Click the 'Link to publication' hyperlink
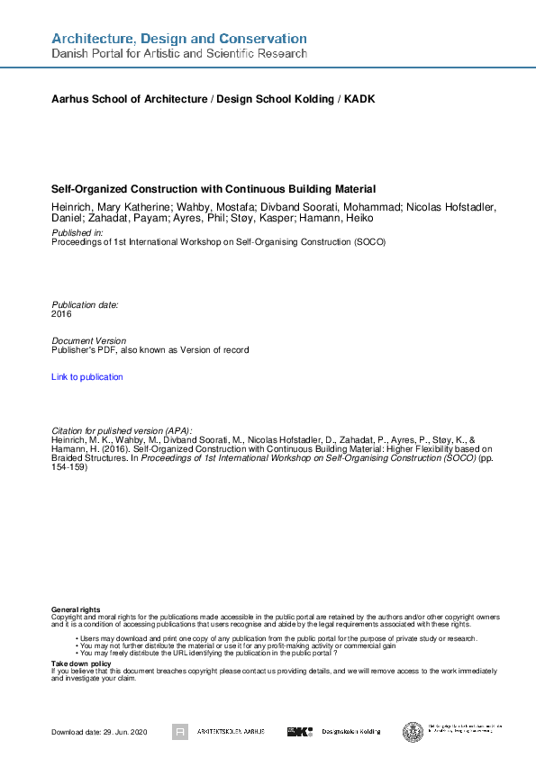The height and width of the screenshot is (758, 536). click(87, 377)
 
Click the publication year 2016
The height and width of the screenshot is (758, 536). click(61, 314)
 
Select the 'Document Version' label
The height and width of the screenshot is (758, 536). click(89, 340)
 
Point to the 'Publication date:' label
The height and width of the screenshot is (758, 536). click(85, 305)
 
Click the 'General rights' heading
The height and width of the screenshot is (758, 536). click(76, 609)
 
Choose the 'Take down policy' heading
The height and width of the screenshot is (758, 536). click(81, 663)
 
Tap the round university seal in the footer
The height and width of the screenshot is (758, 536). click(413, 731)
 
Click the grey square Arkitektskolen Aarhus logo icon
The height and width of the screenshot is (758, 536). click(180, 732)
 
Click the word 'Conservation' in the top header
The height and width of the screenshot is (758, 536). click(260, 39)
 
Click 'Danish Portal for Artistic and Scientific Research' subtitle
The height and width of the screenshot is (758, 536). click(179, 54)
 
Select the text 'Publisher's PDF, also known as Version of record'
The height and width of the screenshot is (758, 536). click(150, 349)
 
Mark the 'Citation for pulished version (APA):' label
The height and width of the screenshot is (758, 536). click(122, 431)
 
